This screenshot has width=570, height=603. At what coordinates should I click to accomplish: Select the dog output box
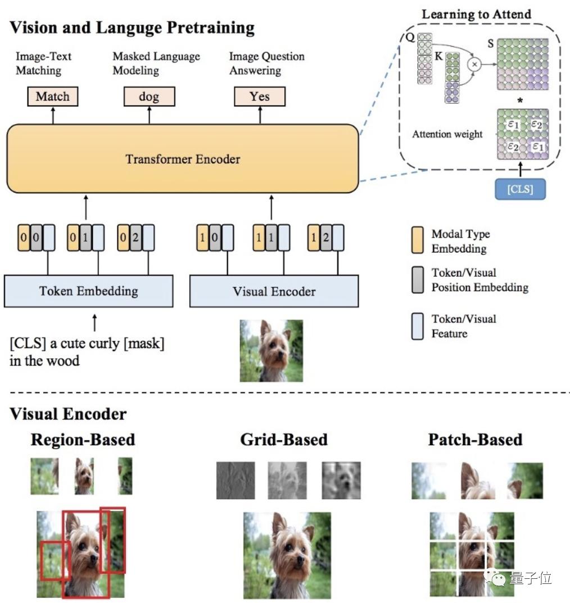tap(149, 97)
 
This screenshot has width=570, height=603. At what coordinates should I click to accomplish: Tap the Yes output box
tap(260, 97)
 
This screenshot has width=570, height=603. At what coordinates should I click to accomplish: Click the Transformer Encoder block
tap(182, 159)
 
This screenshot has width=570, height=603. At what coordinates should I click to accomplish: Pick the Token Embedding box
tap(88, 291)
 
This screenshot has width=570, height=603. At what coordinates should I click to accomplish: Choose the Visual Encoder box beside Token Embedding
tap(274, 291)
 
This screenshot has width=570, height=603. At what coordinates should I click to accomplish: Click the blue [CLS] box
tap(520, 189)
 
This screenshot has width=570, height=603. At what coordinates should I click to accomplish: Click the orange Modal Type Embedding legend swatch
tap(418, 241)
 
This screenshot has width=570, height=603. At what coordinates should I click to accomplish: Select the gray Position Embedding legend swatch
tap(418, 280)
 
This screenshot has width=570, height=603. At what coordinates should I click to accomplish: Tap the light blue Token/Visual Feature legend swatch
tap(418, 326)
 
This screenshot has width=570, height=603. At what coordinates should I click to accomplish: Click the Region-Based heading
tap(83, 439)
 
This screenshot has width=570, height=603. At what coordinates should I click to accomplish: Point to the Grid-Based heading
tap(283, 439)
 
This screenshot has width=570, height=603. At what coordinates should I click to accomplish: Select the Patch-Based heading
tap(475, 439)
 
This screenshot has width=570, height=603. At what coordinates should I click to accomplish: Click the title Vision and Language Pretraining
tap(132, 28)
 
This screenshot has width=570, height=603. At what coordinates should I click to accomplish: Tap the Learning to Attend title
tap(477, 14)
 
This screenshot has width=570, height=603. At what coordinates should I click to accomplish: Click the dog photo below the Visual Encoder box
tap(271, 351)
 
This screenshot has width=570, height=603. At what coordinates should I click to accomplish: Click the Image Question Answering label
tap(266, 63)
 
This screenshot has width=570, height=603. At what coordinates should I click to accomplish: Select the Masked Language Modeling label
tap(156, 63)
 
